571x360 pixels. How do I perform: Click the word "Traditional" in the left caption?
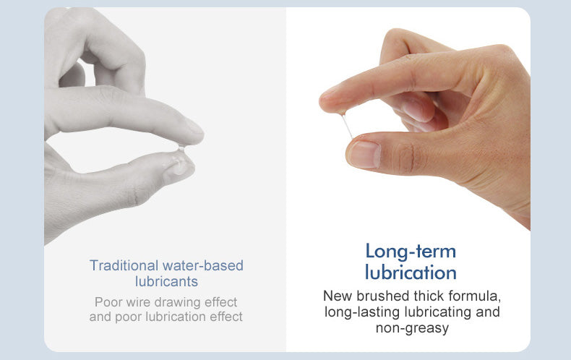(x=124, y=265)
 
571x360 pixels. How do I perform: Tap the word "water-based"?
(x=203, y=265)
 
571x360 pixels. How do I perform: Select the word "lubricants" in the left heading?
(x=166, y=282)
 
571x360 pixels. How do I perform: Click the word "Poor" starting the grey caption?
(x=108, y=302)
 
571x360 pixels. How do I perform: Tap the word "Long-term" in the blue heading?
(x=411, y=252)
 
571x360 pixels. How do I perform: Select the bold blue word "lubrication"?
(x=411, y=273)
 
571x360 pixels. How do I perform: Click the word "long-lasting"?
(x=363, y=312)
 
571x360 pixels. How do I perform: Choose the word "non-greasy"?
(x=412, y=328)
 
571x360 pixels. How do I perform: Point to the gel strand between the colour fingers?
(x=347, y=126)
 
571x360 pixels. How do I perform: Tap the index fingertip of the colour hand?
(x=325, y=100)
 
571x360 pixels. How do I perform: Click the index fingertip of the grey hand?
(x=196, y=133)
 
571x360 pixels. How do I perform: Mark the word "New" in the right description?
(x=338, y=296)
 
